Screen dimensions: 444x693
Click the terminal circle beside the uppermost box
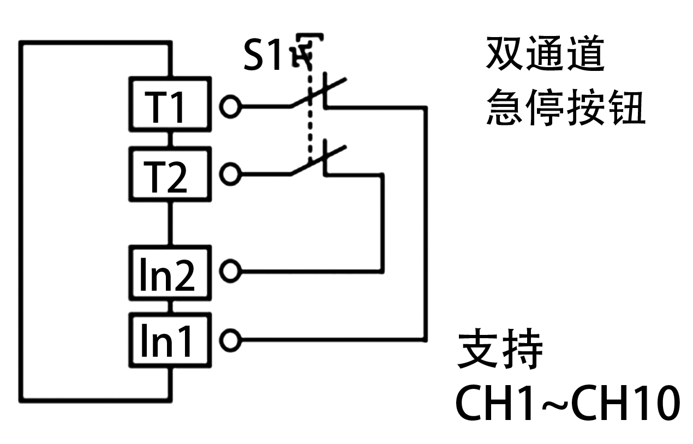coord(230,106)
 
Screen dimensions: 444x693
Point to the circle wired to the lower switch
coord(230,175)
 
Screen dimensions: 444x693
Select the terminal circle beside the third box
coord(230,271)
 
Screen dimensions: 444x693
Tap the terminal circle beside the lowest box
coord(230,340)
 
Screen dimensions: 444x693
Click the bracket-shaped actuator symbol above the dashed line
coord(307,50)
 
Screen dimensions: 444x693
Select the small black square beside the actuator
coord(261,54)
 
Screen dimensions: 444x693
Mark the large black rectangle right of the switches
coord(565,81)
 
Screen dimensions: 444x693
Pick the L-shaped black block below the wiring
coord(546,382)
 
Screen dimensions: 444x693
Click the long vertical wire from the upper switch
coord(425,224)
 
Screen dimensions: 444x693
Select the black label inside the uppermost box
coord(163,107)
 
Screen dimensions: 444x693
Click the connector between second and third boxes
coord(170,224)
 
